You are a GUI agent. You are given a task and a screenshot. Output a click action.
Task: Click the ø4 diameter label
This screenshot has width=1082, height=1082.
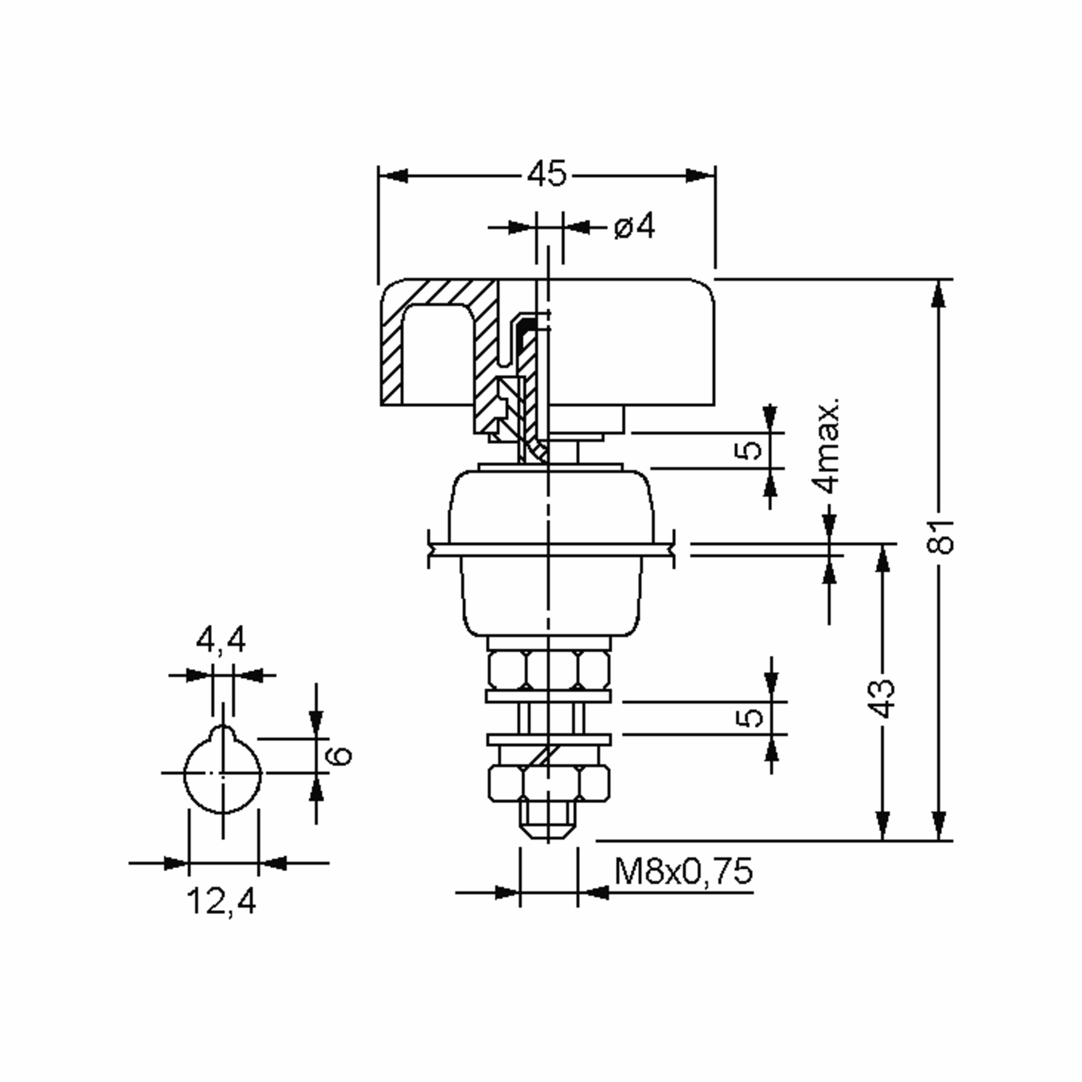(634, 227)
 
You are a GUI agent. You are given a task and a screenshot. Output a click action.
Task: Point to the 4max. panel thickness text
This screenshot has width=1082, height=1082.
(828, 446)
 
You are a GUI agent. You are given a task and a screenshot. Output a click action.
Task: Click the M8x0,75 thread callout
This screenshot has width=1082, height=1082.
(683, 871)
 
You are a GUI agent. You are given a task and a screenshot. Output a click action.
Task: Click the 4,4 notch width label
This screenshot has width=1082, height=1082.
(220, 640)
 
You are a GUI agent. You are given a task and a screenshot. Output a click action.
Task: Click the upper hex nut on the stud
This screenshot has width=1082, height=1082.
(548, 670)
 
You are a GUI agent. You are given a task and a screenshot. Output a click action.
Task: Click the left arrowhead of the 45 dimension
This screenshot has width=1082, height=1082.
(392, 176)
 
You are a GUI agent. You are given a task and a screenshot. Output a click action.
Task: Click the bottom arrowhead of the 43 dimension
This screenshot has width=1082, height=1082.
(883, 825)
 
